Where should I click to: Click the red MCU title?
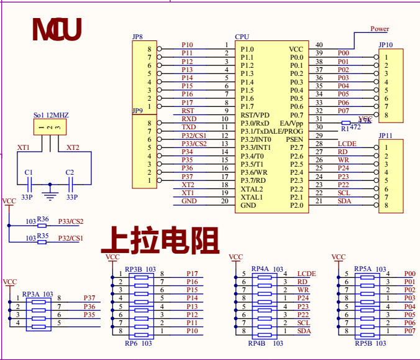point(57,29)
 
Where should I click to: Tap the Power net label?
point(380,29)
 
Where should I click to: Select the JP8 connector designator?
point(137,37)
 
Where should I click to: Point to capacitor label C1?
point(28,172)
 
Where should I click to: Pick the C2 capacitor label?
point(70,172)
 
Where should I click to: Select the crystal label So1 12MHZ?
point(51,116)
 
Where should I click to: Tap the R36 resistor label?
point(43,219)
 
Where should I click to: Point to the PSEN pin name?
point(294,139)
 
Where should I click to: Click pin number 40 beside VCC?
point(319,45)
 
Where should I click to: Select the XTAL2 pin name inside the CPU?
point(252,189)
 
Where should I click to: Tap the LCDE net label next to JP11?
point(347,144)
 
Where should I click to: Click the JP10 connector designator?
point(385,45)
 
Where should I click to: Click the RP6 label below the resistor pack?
point(130,343)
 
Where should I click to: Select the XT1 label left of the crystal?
point(24,147)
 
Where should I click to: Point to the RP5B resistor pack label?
point(363,343)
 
